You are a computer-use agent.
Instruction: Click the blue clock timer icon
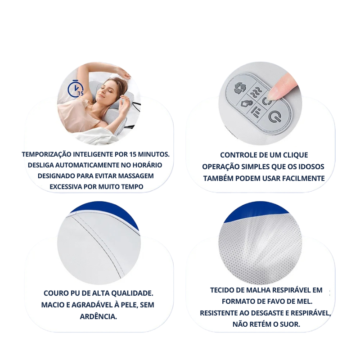coord(75,88)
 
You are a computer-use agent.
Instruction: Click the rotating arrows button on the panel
coord(240,88)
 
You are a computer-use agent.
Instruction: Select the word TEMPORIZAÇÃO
coord(47,154)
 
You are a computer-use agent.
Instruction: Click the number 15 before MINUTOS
coord(133,154)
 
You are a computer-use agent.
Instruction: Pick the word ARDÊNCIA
coord(98,316)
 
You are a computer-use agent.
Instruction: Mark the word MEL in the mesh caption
coord(305,301)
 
